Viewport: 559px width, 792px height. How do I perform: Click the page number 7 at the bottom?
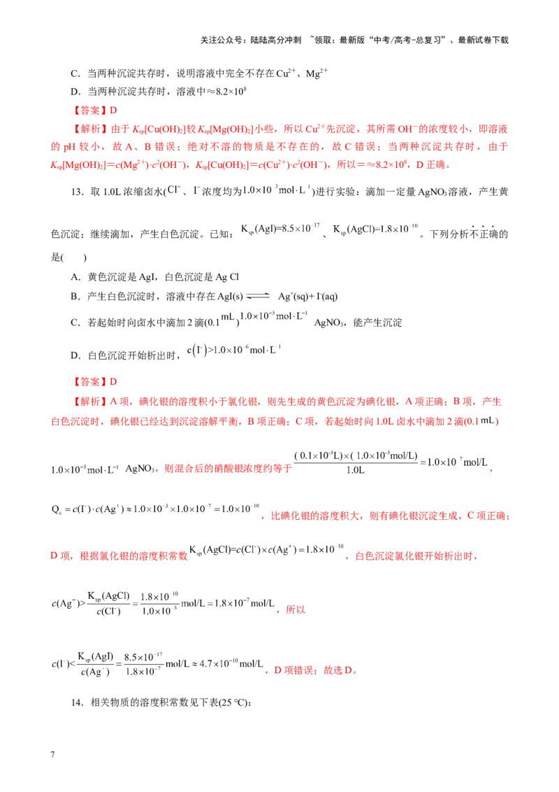pyautogui.click(x=52, y=754)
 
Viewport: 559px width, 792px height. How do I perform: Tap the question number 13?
pyautogui.click(x=77, y=192)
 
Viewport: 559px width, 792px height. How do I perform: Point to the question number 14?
pyautogui.click(x=77, y=702)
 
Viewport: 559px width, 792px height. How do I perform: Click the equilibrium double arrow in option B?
pyautogui.click(x=258, y=297)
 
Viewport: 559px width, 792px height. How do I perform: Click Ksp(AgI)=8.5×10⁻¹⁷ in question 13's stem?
pyautogui.click(x=280, y=229)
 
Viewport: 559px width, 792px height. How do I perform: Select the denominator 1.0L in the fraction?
pyautogui.click(x=356, y=470)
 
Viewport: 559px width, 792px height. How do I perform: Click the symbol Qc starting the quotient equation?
pyautogui.click(x=56, y=509)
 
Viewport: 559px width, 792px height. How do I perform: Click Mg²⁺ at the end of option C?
pyautogui.click(x=317, y=73)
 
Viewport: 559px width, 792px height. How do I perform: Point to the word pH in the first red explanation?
pyautogui.click(x=69, y=147)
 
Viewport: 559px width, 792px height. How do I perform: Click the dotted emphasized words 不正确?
pyautogui.click(x=483, y=233)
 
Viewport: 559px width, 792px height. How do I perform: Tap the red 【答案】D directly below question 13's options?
pyautogui.click(x=95, y=382)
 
